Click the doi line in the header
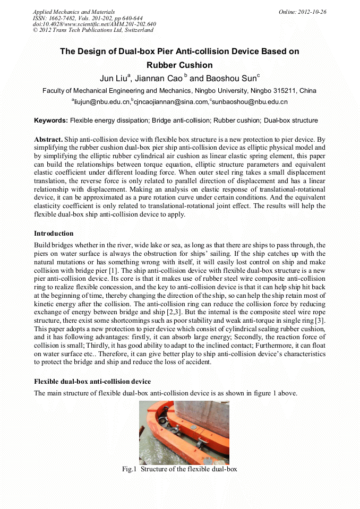coord(95,24)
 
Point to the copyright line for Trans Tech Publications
coord(93,30)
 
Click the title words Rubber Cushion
coord(179,65)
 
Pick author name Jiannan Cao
coord(158,79)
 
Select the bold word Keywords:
coord(51,120)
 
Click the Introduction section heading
coord(54,234)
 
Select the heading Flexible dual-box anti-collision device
coord(92,382)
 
